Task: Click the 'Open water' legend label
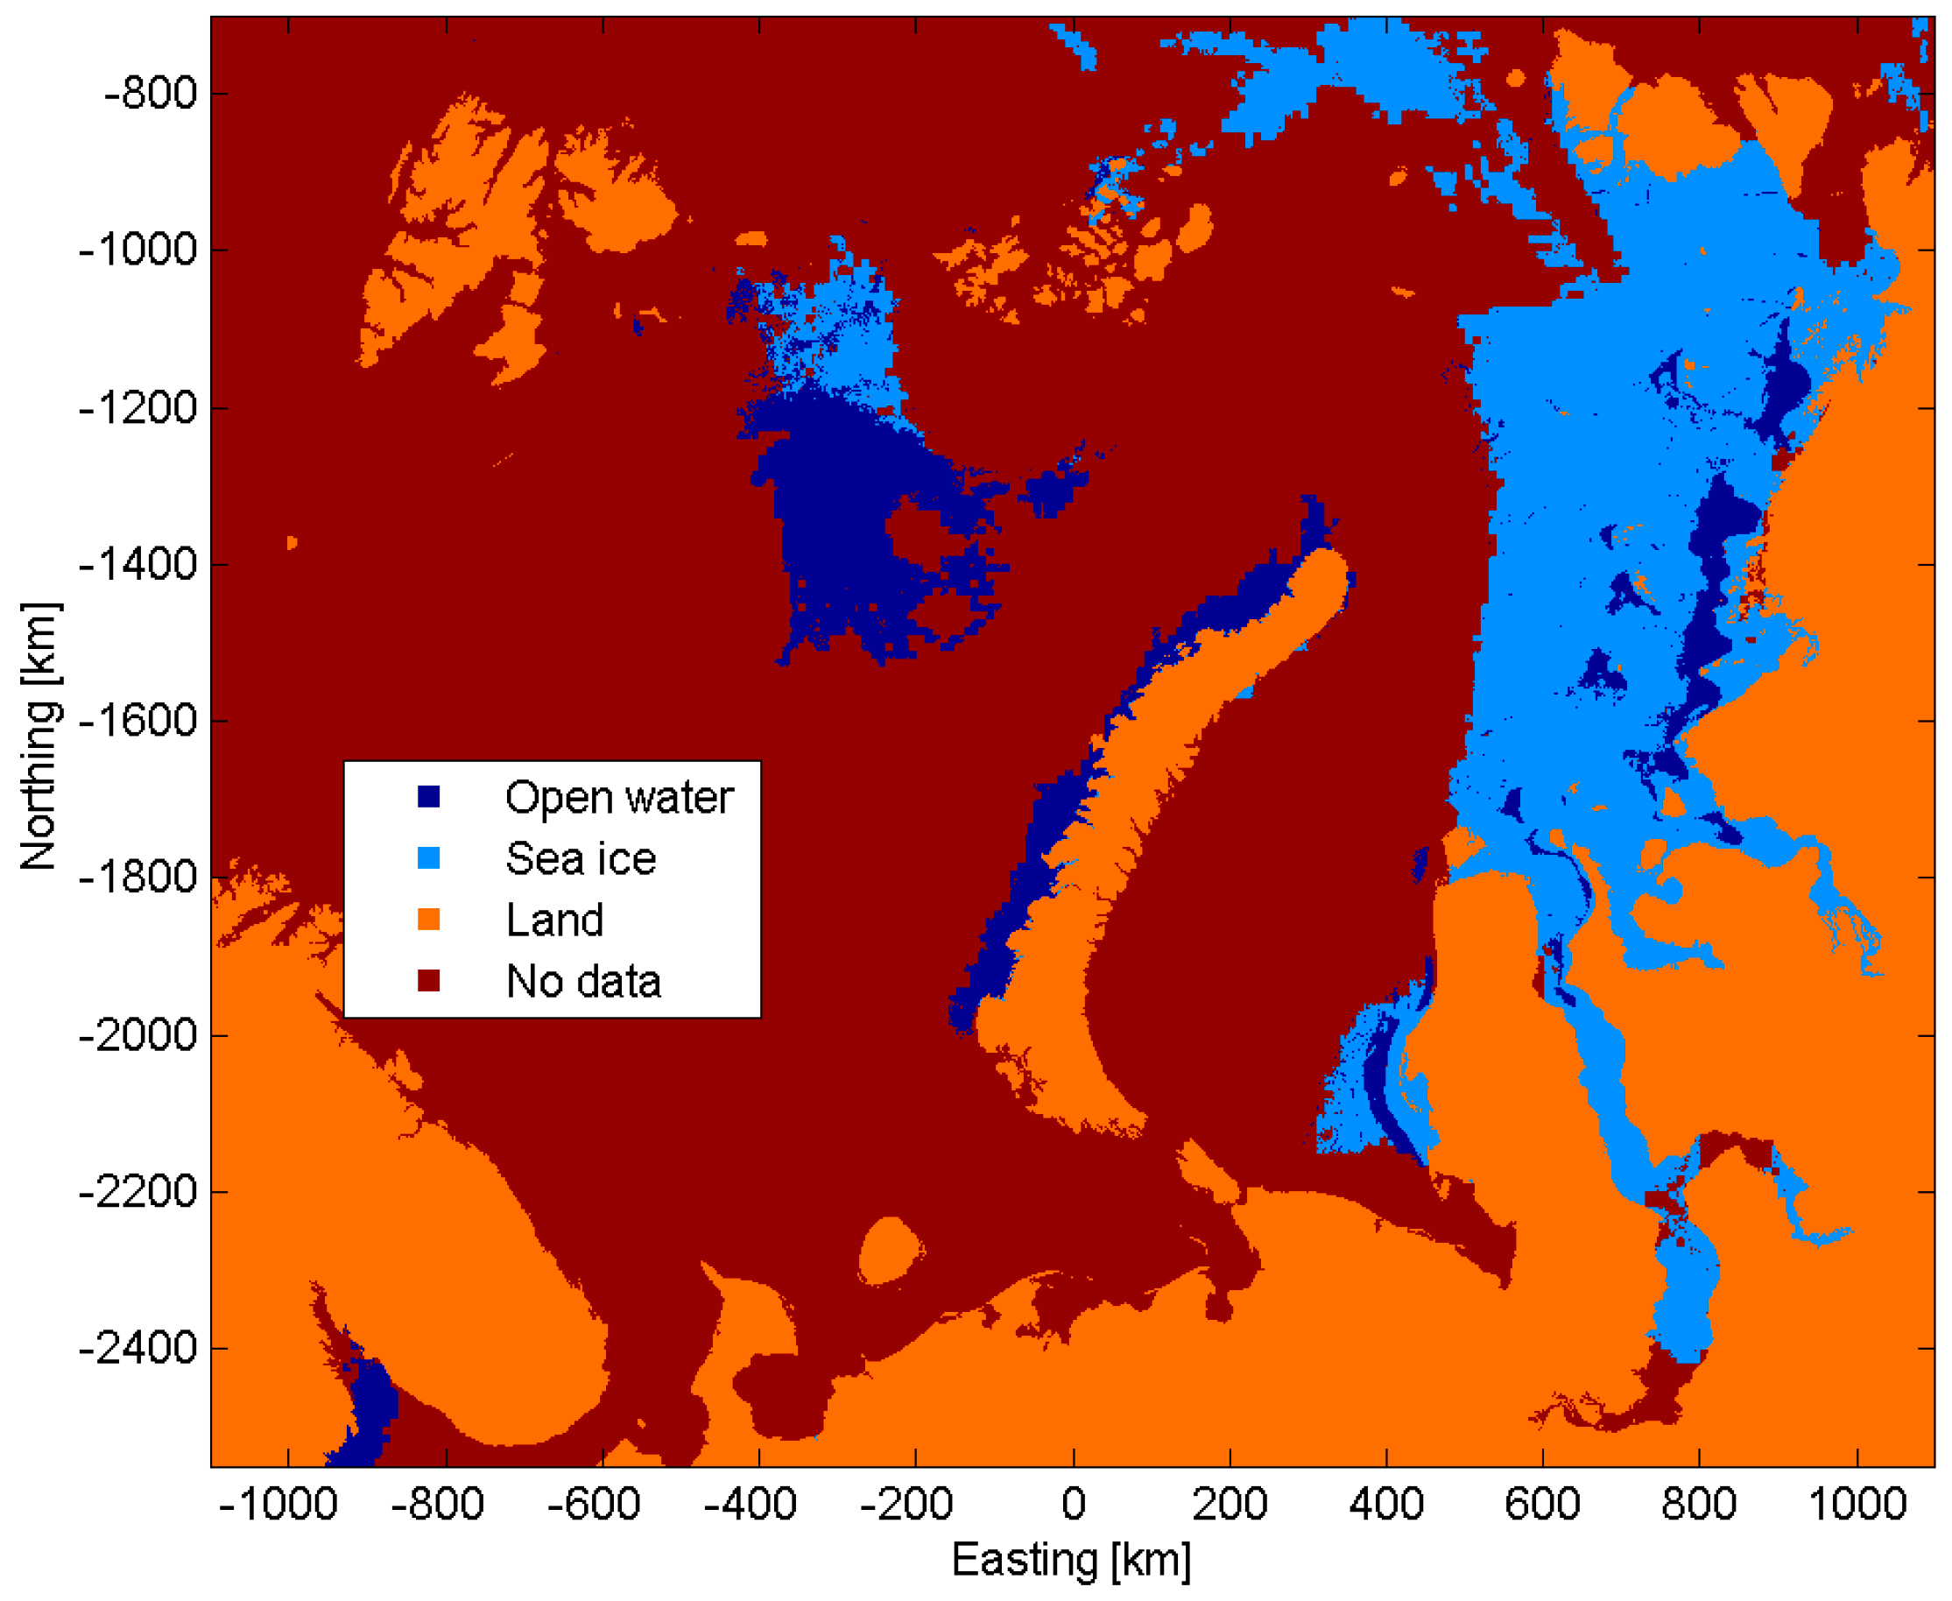coord(618,798)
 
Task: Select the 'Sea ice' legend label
coord(581,858)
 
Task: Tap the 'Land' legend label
coord(554,920)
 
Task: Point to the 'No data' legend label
coord(583,982)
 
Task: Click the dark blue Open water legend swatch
coord(429,797)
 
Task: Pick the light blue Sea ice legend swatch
coord(429,858)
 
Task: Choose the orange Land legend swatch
coord(429,920)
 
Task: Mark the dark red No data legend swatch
coord(429,981)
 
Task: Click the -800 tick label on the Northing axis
coord(151,94)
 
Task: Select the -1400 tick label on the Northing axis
coord(138,564)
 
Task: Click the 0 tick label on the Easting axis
coord(1073,1505)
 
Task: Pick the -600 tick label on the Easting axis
coord(593,1505)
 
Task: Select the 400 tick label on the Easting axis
coord(1386,1505)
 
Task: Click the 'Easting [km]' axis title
coord(1071,1561)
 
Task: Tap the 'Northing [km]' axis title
coord(39,737)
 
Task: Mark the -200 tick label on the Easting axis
coord(906,1505)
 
